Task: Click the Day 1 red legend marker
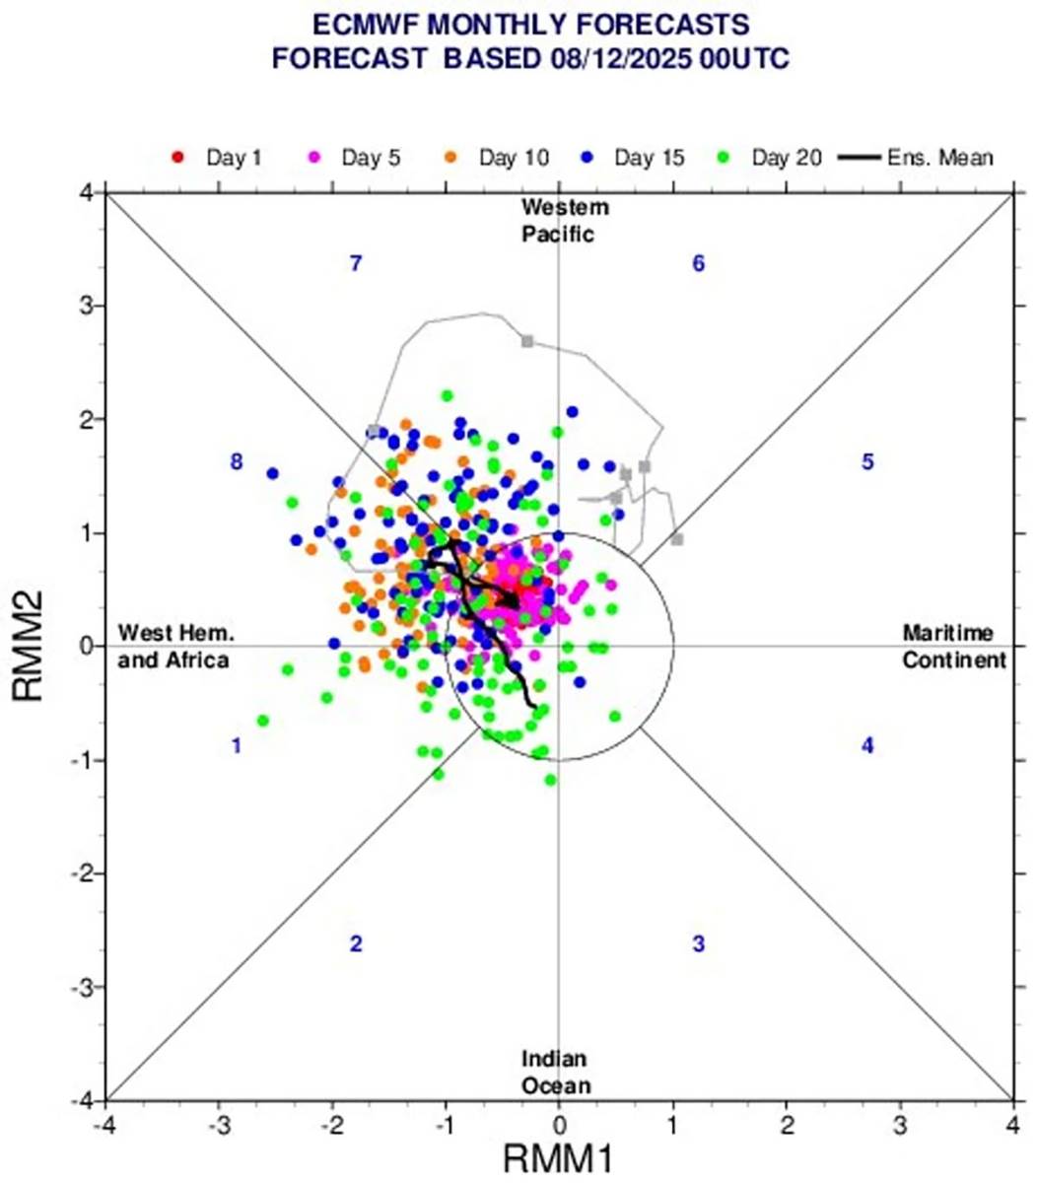(x=177, y=157)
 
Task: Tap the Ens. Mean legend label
(x=941, y=157)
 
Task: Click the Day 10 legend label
(x=514, y=157)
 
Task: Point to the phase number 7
(x=356, y=263)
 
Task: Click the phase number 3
(x=698, y=943)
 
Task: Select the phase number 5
(x=867, y=461)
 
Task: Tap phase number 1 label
(x=237, y=746)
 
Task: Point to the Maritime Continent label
(x=952, y=647)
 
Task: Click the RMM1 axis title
(x=558, y=1159)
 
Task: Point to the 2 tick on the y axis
(x=87, y=420)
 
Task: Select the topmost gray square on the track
(x=527, y=341)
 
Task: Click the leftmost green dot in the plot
(x=263, y=721)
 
